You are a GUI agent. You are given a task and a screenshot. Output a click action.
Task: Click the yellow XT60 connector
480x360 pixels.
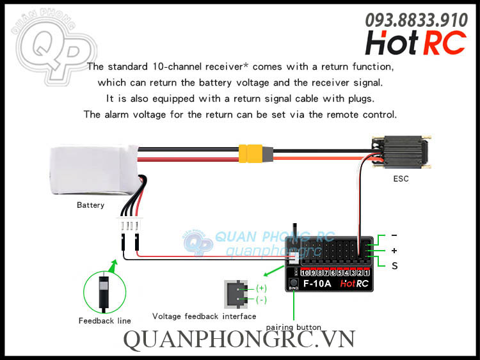(252, 153)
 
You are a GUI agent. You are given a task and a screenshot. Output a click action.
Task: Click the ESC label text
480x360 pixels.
(401, 178)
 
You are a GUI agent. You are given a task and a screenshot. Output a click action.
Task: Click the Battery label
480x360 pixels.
(90, 205)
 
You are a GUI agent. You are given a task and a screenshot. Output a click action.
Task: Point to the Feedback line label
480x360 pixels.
(105, 320)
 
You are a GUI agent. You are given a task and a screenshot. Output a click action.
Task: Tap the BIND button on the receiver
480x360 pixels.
(293, 283)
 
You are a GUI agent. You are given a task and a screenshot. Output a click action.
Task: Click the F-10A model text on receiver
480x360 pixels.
(317, 283)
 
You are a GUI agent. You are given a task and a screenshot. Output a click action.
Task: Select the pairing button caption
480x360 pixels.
(294, 327)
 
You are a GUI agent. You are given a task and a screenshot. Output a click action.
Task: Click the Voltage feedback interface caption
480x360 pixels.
(204, 316)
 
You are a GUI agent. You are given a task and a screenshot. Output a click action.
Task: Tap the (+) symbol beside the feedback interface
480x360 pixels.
(261, 288)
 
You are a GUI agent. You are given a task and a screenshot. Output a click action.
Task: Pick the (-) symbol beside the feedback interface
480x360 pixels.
(261, 299)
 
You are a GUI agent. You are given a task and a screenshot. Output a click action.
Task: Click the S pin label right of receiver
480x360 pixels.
(394, 265)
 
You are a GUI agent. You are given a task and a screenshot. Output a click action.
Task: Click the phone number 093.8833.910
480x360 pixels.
(415, 20)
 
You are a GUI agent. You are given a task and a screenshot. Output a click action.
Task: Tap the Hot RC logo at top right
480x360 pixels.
(415, 43)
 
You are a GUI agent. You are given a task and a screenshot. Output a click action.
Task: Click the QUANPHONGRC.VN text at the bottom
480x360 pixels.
(238, 340)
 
